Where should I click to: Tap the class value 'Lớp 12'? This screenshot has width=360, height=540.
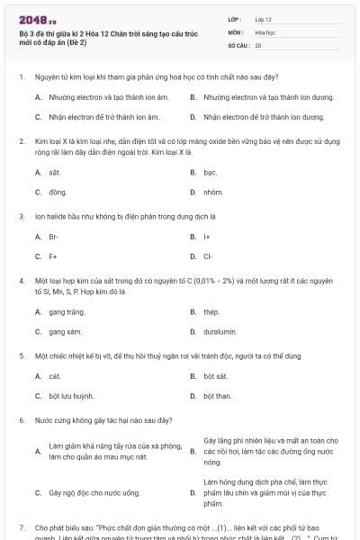pyautogui.click(x=263, y=19)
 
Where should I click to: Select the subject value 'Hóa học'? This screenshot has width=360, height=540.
pyautogui.click(x=265, y=31)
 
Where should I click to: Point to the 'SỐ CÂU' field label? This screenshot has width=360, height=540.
pyautogui.click(x=237, y=44)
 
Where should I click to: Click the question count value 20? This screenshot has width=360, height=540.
pyautogui.click(x=258, y=44)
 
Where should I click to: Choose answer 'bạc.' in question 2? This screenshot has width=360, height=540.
pyautogui.click(x=210, y=171)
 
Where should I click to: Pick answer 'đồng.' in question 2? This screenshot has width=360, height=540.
pyautogui.click(x=57, y=193)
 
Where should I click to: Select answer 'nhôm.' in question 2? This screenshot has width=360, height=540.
pyautogui.click(x=212, y=193)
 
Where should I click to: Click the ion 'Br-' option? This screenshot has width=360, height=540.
pyautogui.click(x=54, y=237)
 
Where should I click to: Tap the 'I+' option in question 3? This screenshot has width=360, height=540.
pyautogui.click(x=206, y=237)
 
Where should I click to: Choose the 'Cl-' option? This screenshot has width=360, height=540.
pyautogui.click(x=208, y=256)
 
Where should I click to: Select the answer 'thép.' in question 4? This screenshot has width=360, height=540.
pyautogui.click(x=211, y=312)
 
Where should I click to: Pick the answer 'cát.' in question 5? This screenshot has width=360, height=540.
pyautogui.click(x=55, y=375)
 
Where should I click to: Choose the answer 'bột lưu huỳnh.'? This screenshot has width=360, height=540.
pyautogui.click(x=71, y=396)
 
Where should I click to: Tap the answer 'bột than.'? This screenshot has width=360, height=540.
pyautogui.click(x=217, y=396)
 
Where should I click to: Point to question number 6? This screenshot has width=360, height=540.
pyautogui.click(x=22, y=420)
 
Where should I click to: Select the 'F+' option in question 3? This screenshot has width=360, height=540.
pyautogui.click(x=53, y=256)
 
